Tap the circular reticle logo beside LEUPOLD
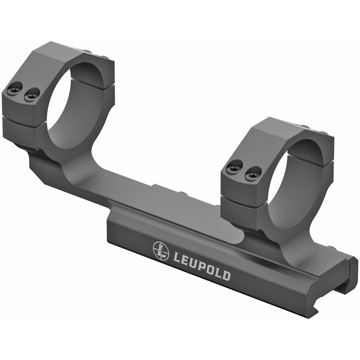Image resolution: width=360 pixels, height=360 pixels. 161,251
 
